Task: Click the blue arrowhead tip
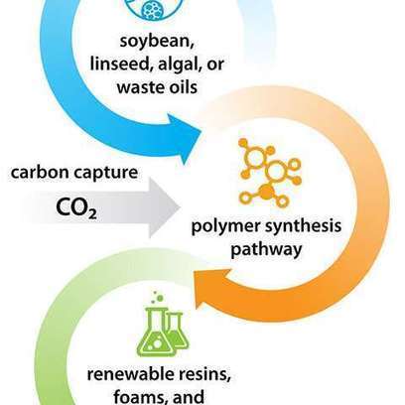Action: tap(201, 134)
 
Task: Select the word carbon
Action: tap(39, 173)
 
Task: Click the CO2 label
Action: tap(76, 208)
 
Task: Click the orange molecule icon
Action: tap(270, 173)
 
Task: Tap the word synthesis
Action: tap(302, 226)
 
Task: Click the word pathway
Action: tap(266, 249)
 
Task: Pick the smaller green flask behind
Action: tap(179, 331)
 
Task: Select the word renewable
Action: tap(130, 374)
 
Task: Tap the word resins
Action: tap(204, 375)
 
